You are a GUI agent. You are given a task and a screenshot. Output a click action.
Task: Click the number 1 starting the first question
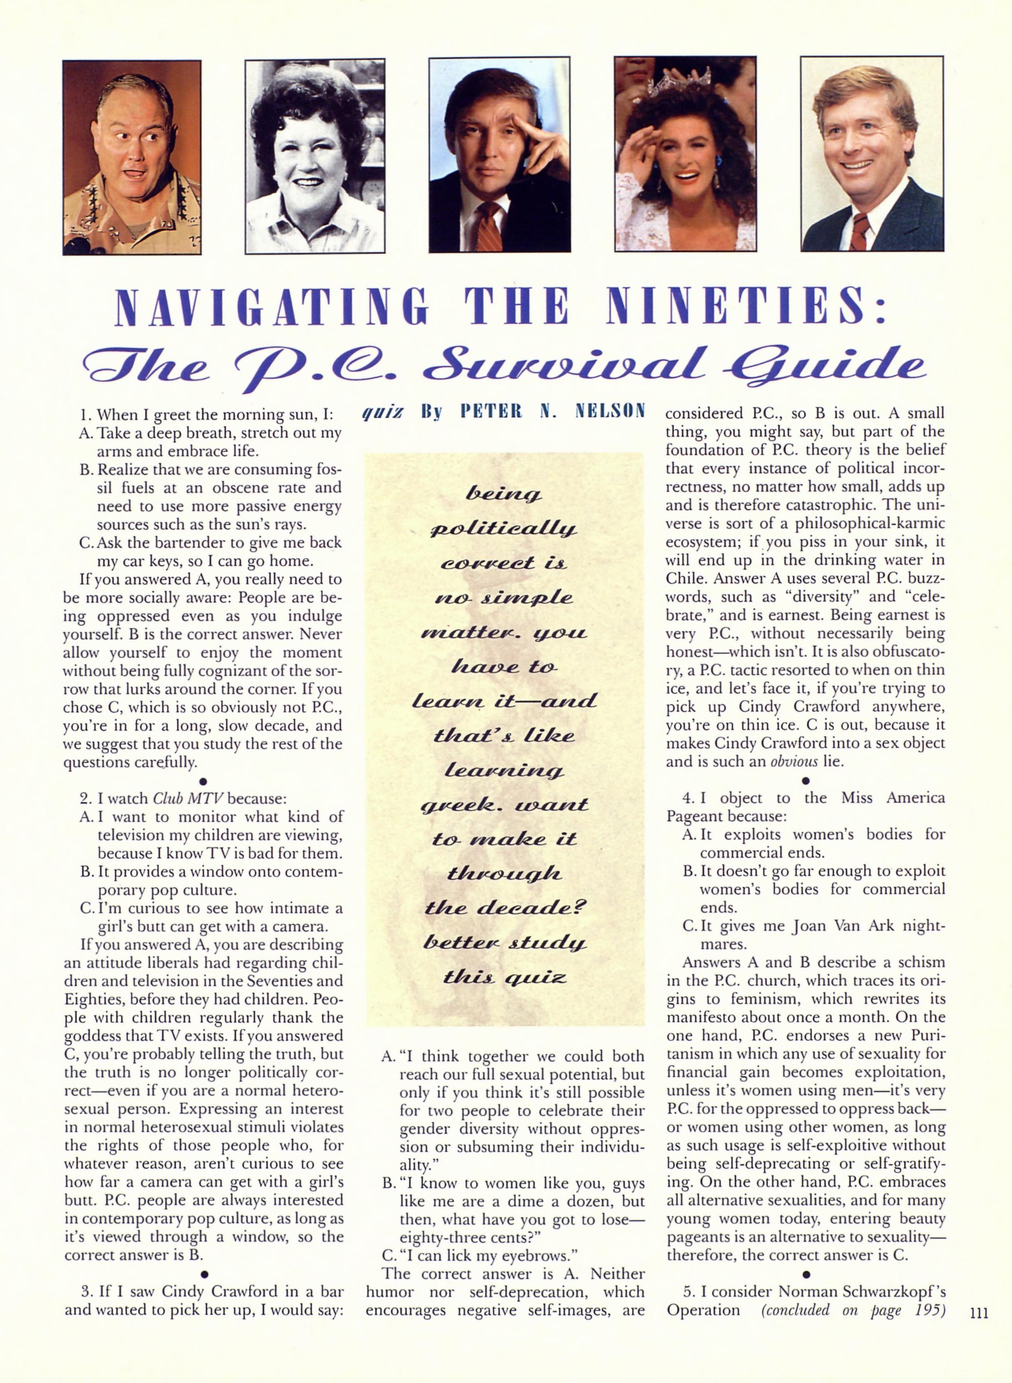[x=84, y=415]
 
